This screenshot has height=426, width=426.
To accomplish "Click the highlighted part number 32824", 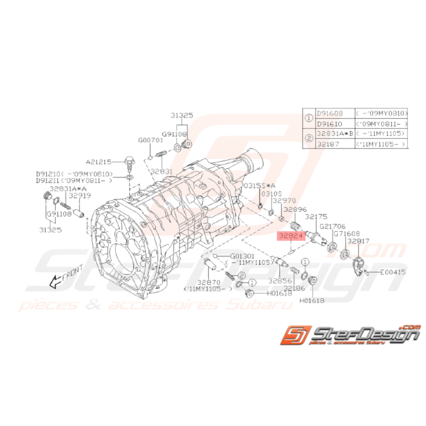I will click(290, 237).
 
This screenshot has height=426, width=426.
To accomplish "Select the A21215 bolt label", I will click(98, 162).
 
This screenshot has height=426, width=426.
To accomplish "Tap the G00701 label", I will click(151, 140).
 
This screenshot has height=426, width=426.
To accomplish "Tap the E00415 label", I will click(393, 272).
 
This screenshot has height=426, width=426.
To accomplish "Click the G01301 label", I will click(243, 256).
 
